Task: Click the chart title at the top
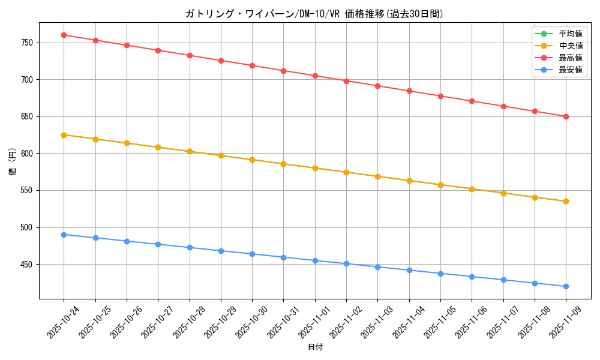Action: (x=314, y=14)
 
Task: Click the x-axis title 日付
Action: (x=314, y=347)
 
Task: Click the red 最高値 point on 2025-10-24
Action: (x=64, y=35)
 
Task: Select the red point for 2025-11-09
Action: (x=566, y=116)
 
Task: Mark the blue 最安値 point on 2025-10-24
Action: (x=64, y=235)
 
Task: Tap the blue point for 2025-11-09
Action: (x=566, y=286)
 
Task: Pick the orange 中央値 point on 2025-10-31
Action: (x=283, y=164)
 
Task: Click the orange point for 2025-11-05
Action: (x=440, y=185)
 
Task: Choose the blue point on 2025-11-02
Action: (x=346, y=263)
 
